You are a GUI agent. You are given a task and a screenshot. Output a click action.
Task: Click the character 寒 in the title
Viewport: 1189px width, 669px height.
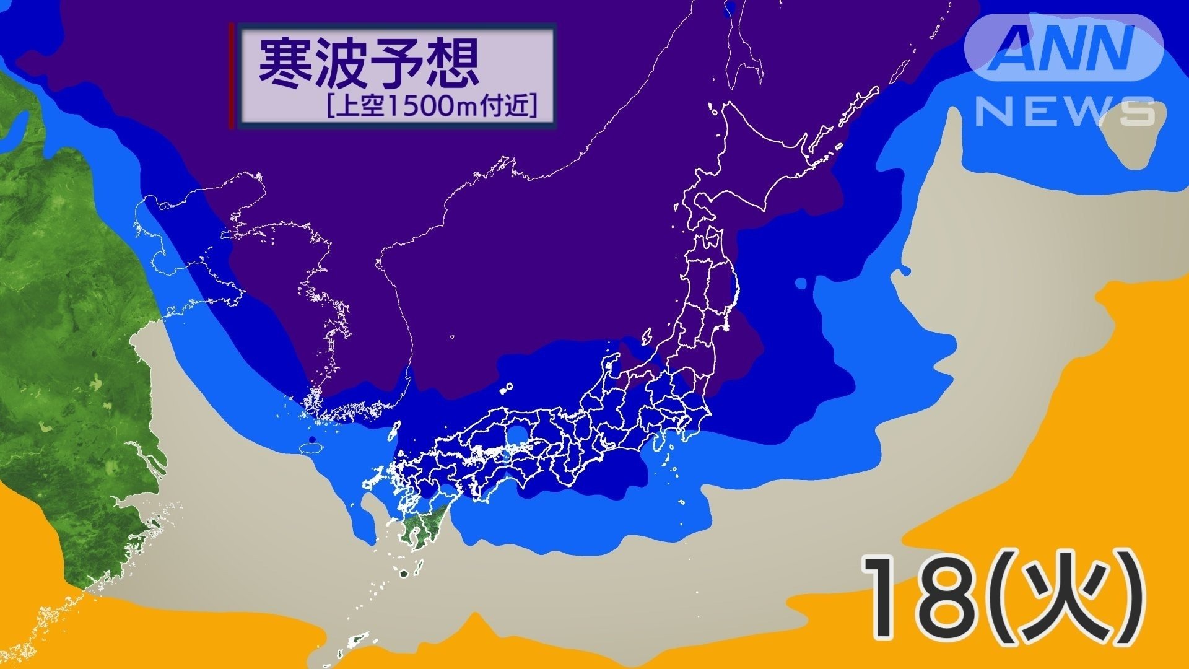285,64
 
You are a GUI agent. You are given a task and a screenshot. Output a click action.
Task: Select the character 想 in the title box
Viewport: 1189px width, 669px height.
451,64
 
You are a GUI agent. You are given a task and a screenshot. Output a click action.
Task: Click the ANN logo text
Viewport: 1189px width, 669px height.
1063,48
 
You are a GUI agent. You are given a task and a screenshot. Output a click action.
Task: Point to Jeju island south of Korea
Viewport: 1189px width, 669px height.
308,447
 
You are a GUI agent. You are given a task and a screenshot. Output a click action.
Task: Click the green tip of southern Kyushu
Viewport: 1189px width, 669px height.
421,533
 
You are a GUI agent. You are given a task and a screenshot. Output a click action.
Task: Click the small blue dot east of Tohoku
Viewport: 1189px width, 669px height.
801,283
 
